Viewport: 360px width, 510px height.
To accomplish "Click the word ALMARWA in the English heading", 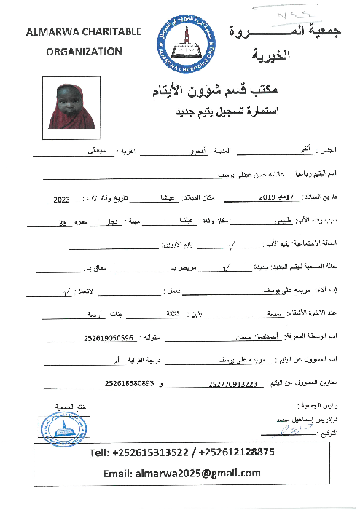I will pyautogui.click(x=51, y=32).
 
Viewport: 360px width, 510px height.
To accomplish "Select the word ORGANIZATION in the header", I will pyautogui.click(x=85, y=51).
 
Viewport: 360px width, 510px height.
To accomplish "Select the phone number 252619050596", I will pyautogui.click(x=109, y=338).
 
